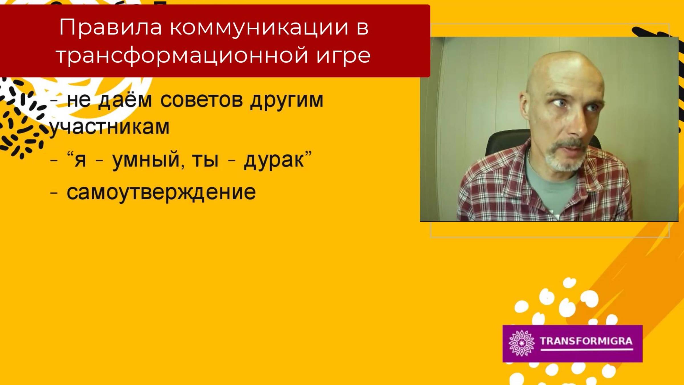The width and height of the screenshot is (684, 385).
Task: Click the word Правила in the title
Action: tap(111, 27)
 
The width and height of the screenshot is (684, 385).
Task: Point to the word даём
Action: tap(125, 100)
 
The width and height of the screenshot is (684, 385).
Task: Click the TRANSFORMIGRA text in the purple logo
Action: tap(586, 341)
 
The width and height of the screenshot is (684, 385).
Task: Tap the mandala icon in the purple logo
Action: tap(522, 343)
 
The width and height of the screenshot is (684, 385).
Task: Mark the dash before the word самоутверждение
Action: tap(54, 193)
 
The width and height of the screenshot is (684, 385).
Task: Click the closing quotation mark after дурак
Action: tap(308, 154)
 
